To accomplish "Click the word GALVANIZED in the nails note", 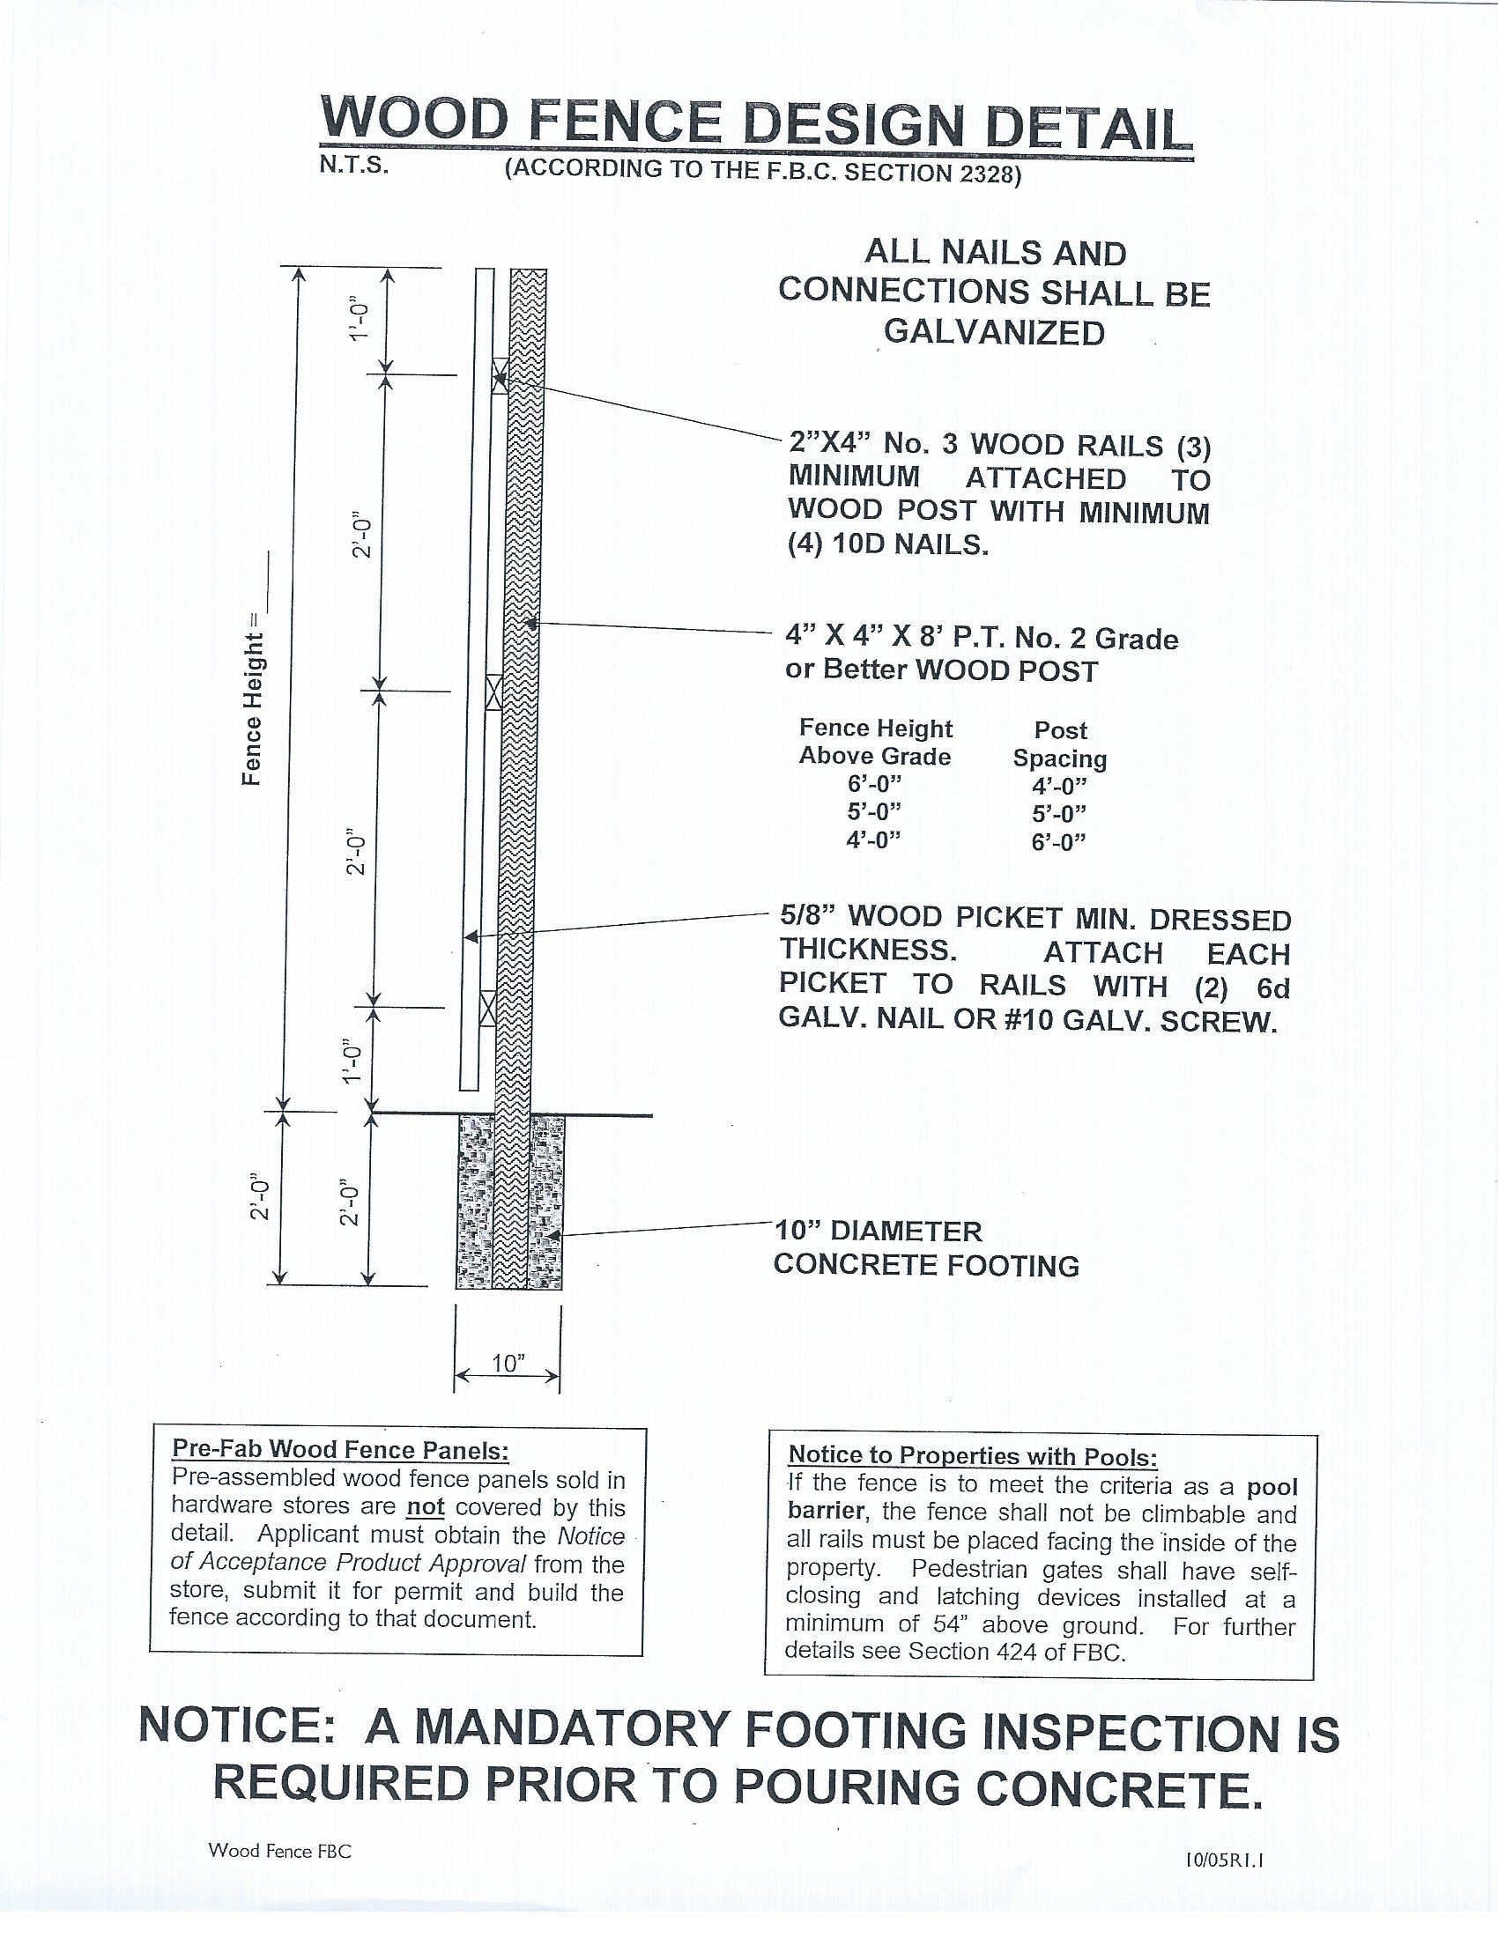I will (x=994, y=333).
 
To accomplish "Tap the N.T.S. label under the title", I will (x=354, y=166).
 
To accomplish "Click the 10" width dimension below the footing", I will (x=508, y=1363).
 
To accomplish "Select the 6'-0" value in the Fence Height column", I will (x=874, y=784).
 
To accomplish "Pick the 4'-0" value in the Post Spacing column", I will (x=1058, y=786).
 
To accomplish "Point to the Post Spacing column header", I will (x=1059, y=744).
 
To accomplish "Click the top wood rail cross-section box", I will (x=501, y=376).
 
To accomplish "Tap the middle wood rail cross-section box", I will (x=493, y=692).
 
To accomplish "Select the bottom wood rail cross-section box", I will (x=487, y=1008).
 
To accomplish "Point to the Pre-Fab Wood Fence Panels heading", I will (x=340, y=1449).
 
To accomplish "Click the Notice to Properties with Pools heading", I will (x=973, y=1456).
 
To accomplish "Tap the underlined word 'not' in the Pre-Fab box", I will (x=425, y=1507).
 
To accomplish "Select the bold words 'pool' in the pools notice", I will (x=1272, y=1487).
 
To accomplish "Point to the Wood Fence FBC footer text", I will (x=279, y=1851).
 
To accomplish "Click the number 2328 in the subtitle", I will (x=985, y=174).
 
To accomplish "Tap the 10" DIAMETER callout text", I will (x=879, y=1232).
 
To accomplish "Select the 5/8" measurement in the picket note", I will (x=809, y=916).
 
